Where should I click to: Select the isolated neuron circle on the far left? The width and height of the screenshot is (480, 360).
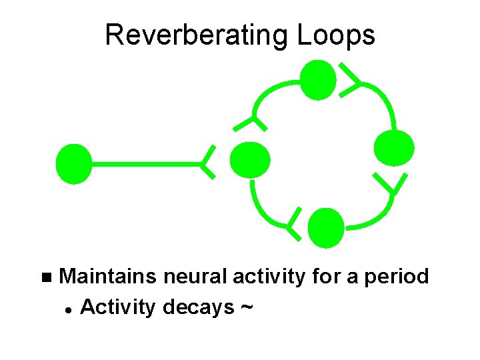tap(73, 163)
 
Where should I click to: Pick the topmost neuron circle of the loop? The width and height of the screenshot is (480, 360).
tap(318, 79)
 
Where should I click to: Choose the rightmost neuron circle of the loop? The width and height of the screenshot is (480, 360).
tap(394, 147)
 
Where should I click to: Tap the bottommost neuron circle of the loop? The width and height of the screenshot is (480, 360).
tap(327, 227)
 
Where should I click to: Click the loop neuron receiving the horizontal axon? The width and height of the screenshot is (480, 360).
tap(249, 160)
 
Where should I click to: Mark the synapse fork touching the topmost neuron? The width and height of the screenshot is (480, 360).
tap(350, 80)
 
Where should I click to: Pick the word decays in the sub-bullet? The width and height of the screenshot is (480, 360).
tap(198, 307)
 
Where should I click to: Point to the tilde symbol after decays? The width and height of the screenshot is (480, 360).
tap(246, 307)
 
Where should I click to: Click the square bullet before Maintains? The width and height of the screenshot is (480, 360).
tap(45, 277)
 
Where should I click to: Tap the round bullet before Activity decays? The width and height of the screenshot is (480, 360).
tap(69, 309)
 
